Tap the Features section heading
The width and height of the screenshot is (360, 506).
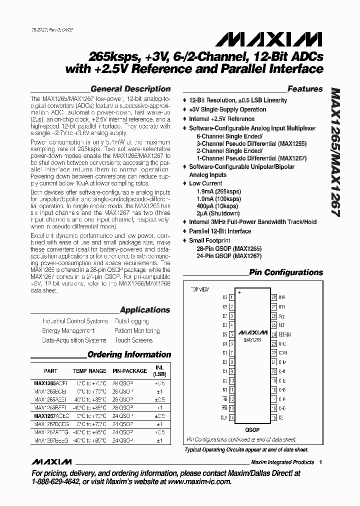pyautogui.click(x=305, y=89)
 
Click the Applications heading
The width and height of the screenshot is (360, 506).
pyautogui.click(x=145, y=310)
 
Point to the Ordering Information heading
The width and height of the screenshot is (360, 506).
pyautogui.click(x=129, y=354)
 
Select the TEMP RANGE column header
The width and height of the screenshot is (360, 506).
pyautogui.click(x=90, y=371)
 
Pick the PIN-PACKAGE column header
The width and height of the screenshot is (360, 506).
pyautogui.click(x=129, y=371)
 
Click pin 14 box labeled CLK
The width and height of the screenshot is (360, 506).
pyautogui.click(x=231, y=417)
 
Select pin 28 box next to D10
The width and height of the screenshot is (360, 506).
pyautogui.click(x=273, y=297)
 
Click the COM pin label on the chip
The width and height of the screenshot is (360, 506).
pyautogui.click(x=282, y=353)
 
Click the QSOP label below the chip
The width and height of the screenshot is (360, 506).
pyautogui.click(x=252, y=429)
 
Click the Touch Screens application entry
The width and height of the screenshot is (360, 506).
pyautogui.click(x=133, y=340)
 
